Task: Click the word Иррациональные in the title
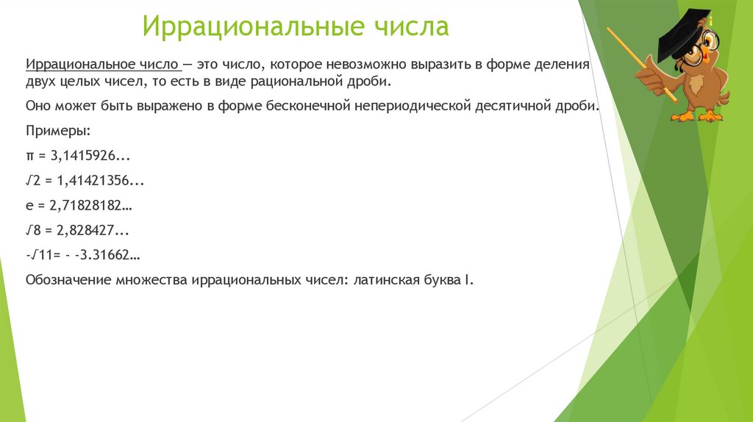[250, 26]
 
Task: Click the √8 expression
[34, 230]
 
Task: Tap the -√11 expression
[39, 255]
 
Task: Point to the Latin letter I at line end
[465, 280]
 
